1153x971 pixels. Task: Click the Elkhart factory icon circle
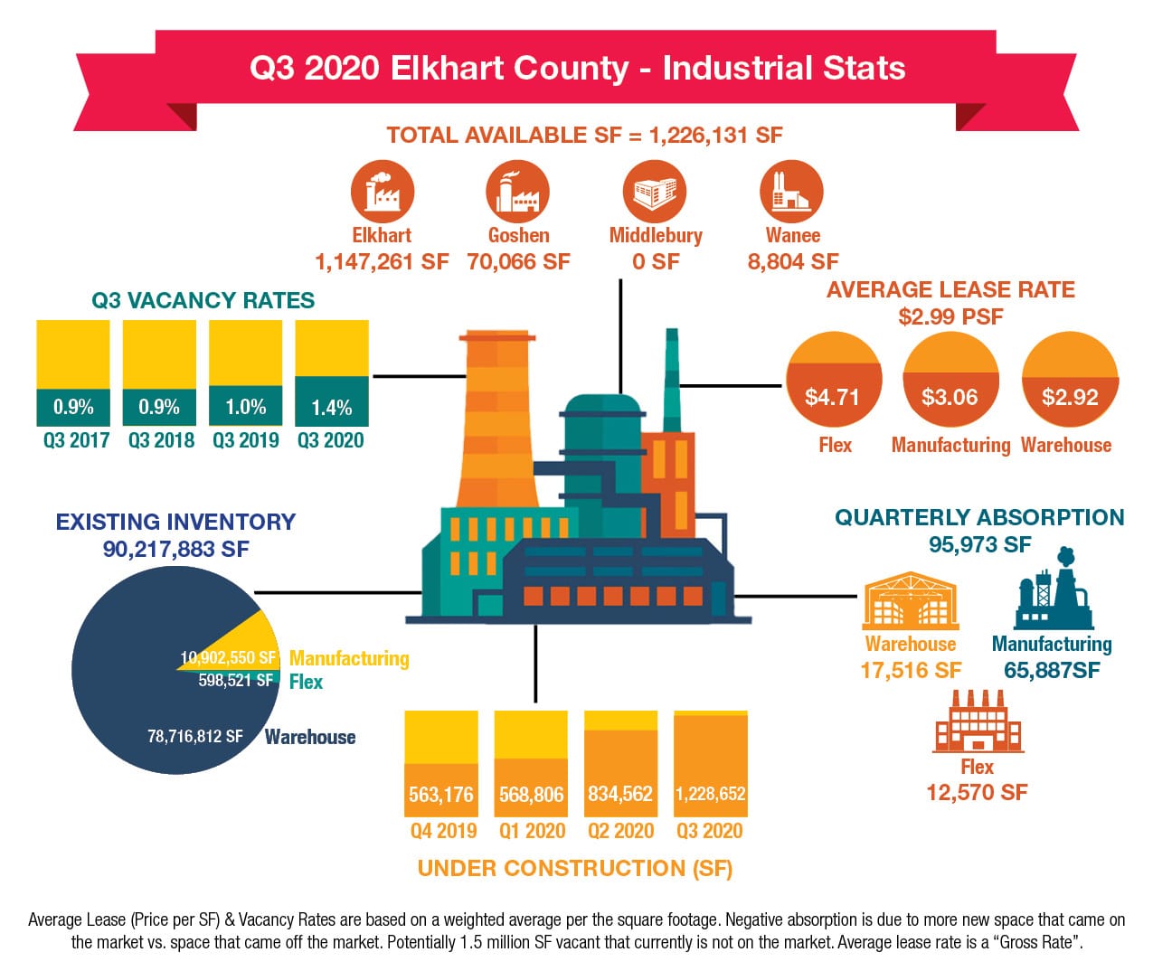point(383,192)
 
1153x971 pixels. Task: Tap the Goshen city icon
point(517,192)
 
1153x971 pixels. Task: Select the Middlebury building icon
point(655,192)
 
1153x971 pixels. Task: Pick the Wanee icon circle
point(791,192)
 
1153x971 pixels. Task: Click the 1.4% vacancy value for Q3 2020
point(331,408)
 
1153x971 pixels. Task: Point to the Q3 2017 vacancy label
point(76,440)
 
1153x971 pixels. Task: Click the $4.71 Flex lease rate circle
point(834,379)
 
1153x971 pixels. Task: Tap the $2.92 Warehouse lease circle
point(1070,379)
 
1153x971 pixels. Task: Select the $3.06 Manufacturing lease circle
point(951,379)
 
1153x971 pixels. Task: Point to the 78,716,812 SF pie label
point(195,736)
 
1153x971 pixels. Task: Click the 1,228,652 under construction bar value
point(710,794)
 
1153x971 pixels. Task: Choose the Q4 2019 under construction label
point(443,831)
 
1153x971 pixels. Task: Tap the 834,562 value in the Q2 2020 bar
point(620,794)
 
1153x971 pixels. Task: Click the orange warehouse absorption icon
point(911,601)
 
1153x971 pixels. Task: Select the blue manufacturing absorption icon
point(1054,589)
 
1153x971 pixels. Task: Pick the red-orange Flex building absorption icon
point(978,721)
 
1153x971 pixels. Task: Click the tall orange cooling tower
point(497,419)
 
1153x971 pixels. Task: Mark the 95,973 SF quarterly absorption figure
point(979,545)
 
